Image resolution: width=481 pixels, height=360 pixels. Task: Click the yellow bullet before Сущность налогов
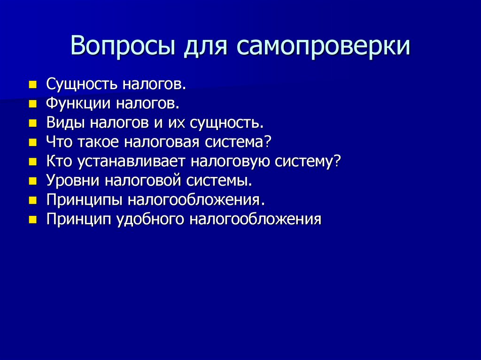point(32,85)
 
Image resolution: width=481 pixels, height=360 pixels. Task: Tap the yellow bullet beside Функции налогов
point(32,104)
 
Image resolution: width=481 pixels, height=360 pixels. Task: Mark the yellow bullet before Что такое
point(32,142)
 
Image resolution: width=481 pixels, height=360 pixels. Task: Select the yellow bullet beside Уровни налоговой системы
point(32,181)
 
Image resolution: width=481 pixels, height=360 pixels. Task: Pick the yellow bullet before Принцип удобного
point(32,219)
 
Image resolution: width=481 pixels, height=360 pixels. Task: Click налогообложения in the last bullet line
point(256,219)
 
